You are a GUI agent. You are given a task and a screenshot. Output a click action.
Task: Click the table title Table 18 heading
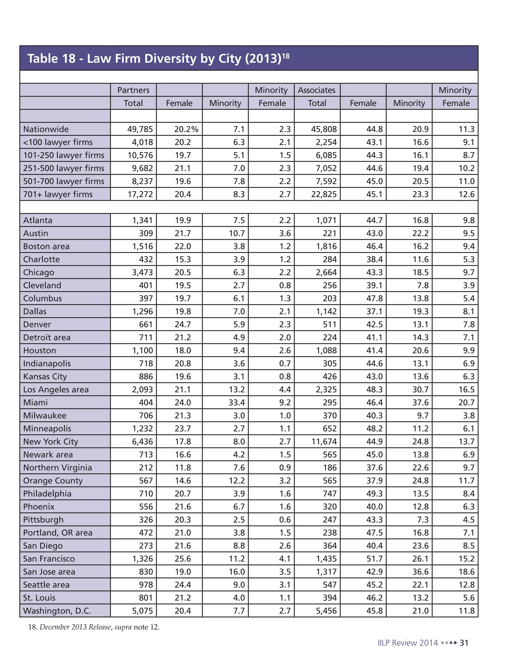tap(158, 58)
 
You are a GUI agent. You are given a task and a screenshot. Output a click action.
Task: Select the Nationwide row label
tap(46, 129)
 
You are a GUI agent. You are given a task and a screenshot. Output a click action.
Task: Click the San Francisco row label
tap(49, 559)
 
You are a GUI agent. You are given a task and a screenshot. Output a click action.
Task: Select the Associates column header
tap(316, 90)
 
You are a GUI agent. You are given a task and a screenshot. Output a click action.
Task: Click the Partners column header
tap(133, 90)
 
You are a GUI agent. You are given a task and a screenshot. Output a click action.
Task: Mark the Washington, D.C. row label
tap(57, 611)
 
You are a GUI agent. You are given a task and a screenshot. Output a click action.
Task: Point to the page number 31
tap(464, 643)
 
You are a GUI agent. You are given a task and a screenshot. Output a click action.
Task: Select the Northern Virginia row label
tap(57, 468)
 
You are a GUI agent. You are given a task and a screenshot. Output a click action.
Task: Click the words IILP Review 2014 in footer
tap(407, 643)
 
